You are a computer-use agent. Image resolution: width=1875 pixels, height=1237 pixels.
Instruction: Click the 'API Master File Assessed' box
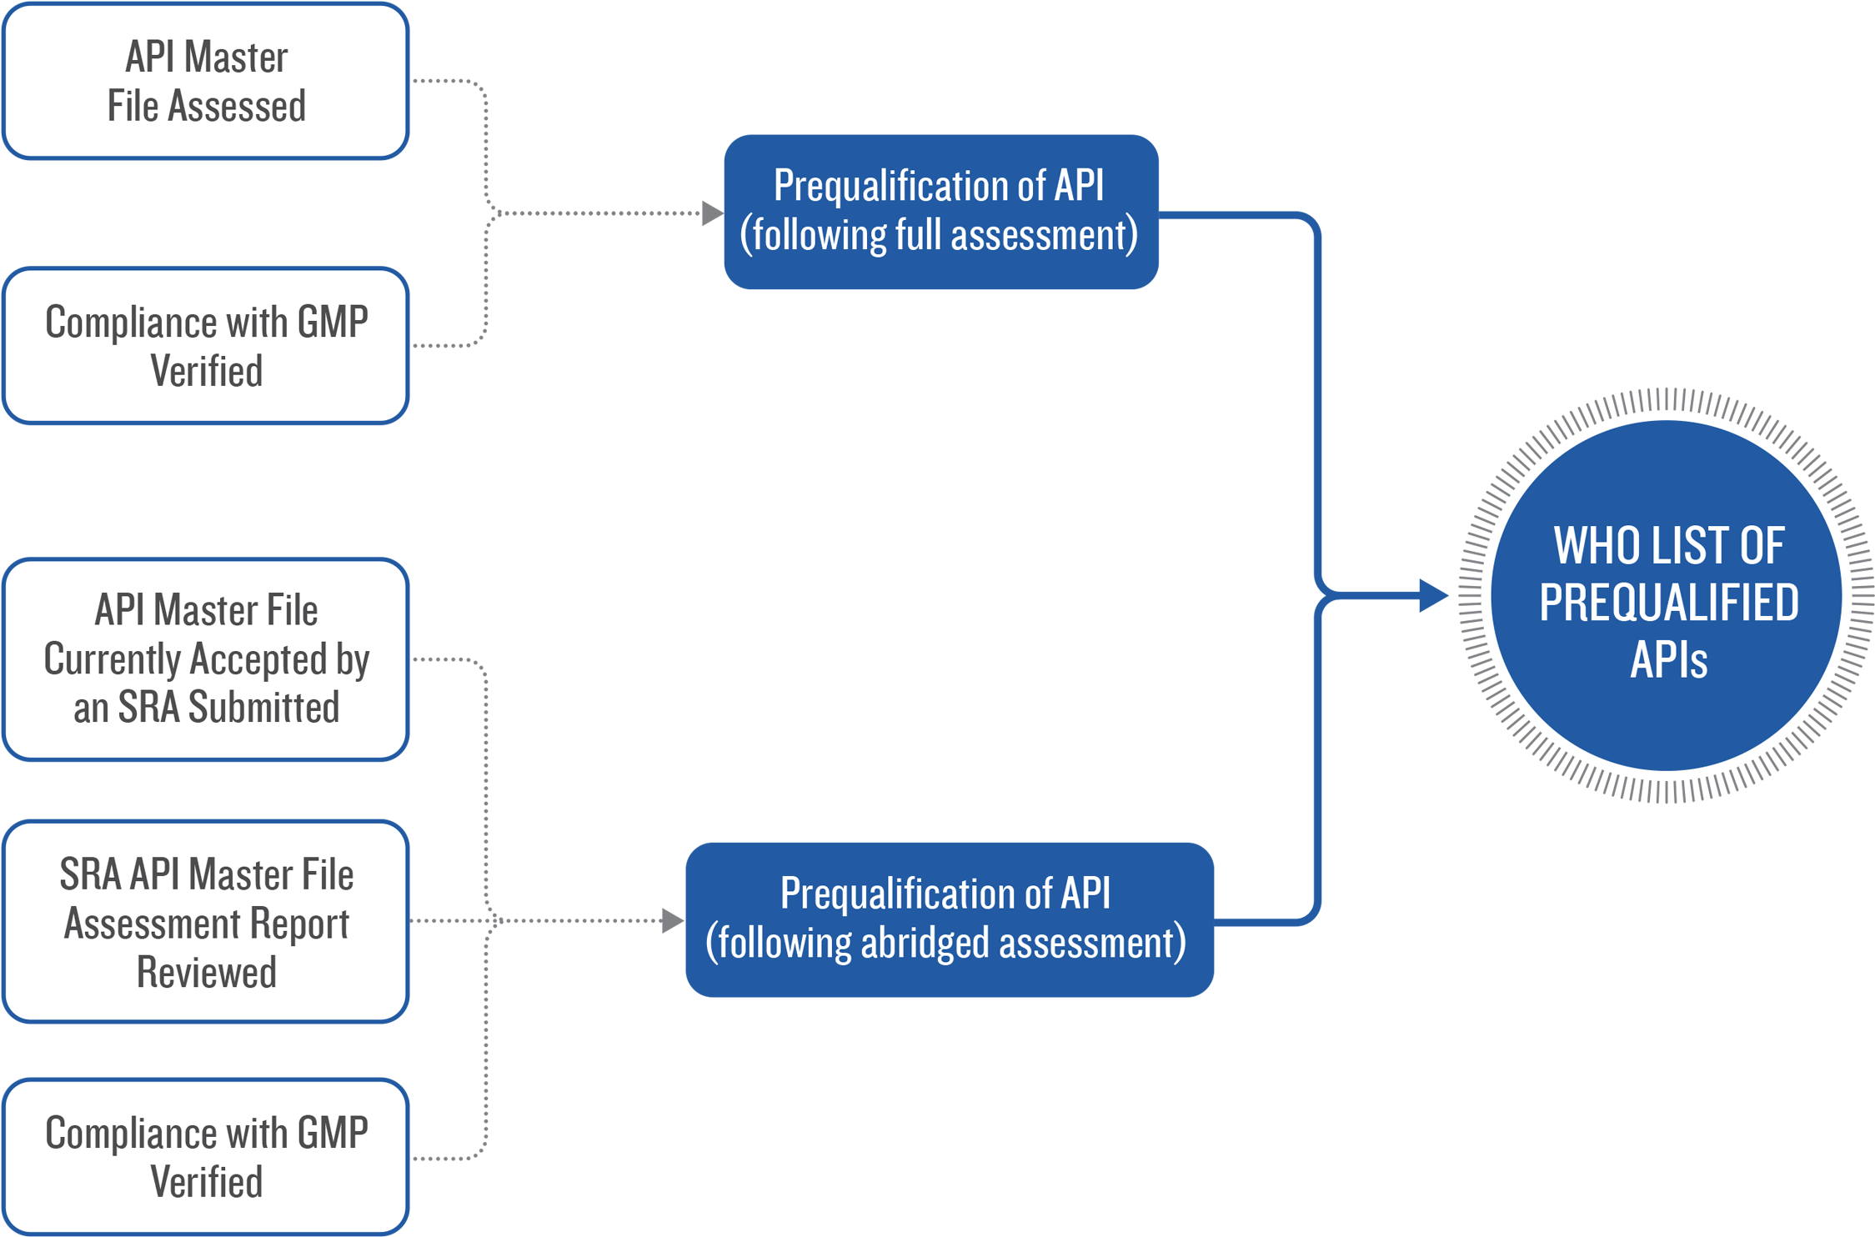pyautogui.click(x=206, y=81)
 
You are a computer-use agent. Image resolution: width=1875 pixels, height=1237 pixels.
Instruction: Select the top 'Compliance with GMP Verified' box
pyautogui.click(x=206, y=346)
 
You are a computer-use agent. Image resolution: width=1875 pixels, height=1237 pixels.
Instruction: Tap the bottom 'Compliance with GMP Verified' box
pyautogui.click(x=206, y=1157)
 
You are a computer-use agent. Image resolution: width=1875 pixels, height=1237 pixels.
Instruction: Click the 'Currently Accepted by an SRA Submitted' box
pyautogui.click(x=206, y=659)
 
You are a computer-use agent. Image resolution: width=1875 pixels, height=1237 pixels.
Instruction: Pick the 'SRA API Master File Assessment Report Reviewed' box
pyautogui.click(x=206, y=922)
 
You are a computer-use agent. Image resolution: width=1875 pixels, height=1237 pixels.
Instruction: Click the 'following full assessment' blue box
pyautogui.click(x=940, y=212)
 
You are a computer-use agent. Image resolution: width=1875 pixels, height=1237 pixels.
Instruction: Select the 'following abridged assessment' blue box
pyautogui.click(x=949, y=919)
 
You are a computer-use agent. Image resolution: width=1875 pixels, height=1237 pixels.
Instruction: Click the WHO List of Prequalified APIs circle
pyautogui.click(x=1667, y=596)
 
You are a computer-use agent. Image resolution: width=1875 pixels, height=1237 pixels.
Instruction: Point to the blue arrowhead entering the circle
pyautogui.click(x=1433, y=596)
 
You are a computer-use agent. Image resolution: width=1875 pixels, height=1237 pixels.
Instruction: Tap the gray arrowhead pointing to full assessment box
pyautogui.click(x=711, y=213)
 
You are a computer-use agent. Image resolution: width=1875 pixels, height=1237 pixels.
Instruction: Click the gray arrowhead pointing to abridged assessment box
pyautogui.click(x=672, y=921)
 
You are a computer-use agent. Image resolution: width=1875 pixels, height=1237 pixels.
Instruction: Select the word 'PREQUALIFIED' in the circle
pyautogui.click(x=1668, y=603)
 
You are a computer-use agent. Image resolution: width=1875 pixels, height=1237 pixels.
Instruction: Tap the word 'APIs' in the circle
pyautogui.click(x=1668, y=660)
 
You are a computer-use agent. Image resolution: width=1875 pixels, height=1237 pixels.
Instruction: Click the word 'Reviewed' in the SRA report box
pyautogui.click(x=206, y=972)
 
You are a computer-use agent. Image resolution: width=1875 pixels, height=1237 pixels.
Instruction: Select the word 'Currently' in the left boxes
pyautogui.click(x=115, y=659)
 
